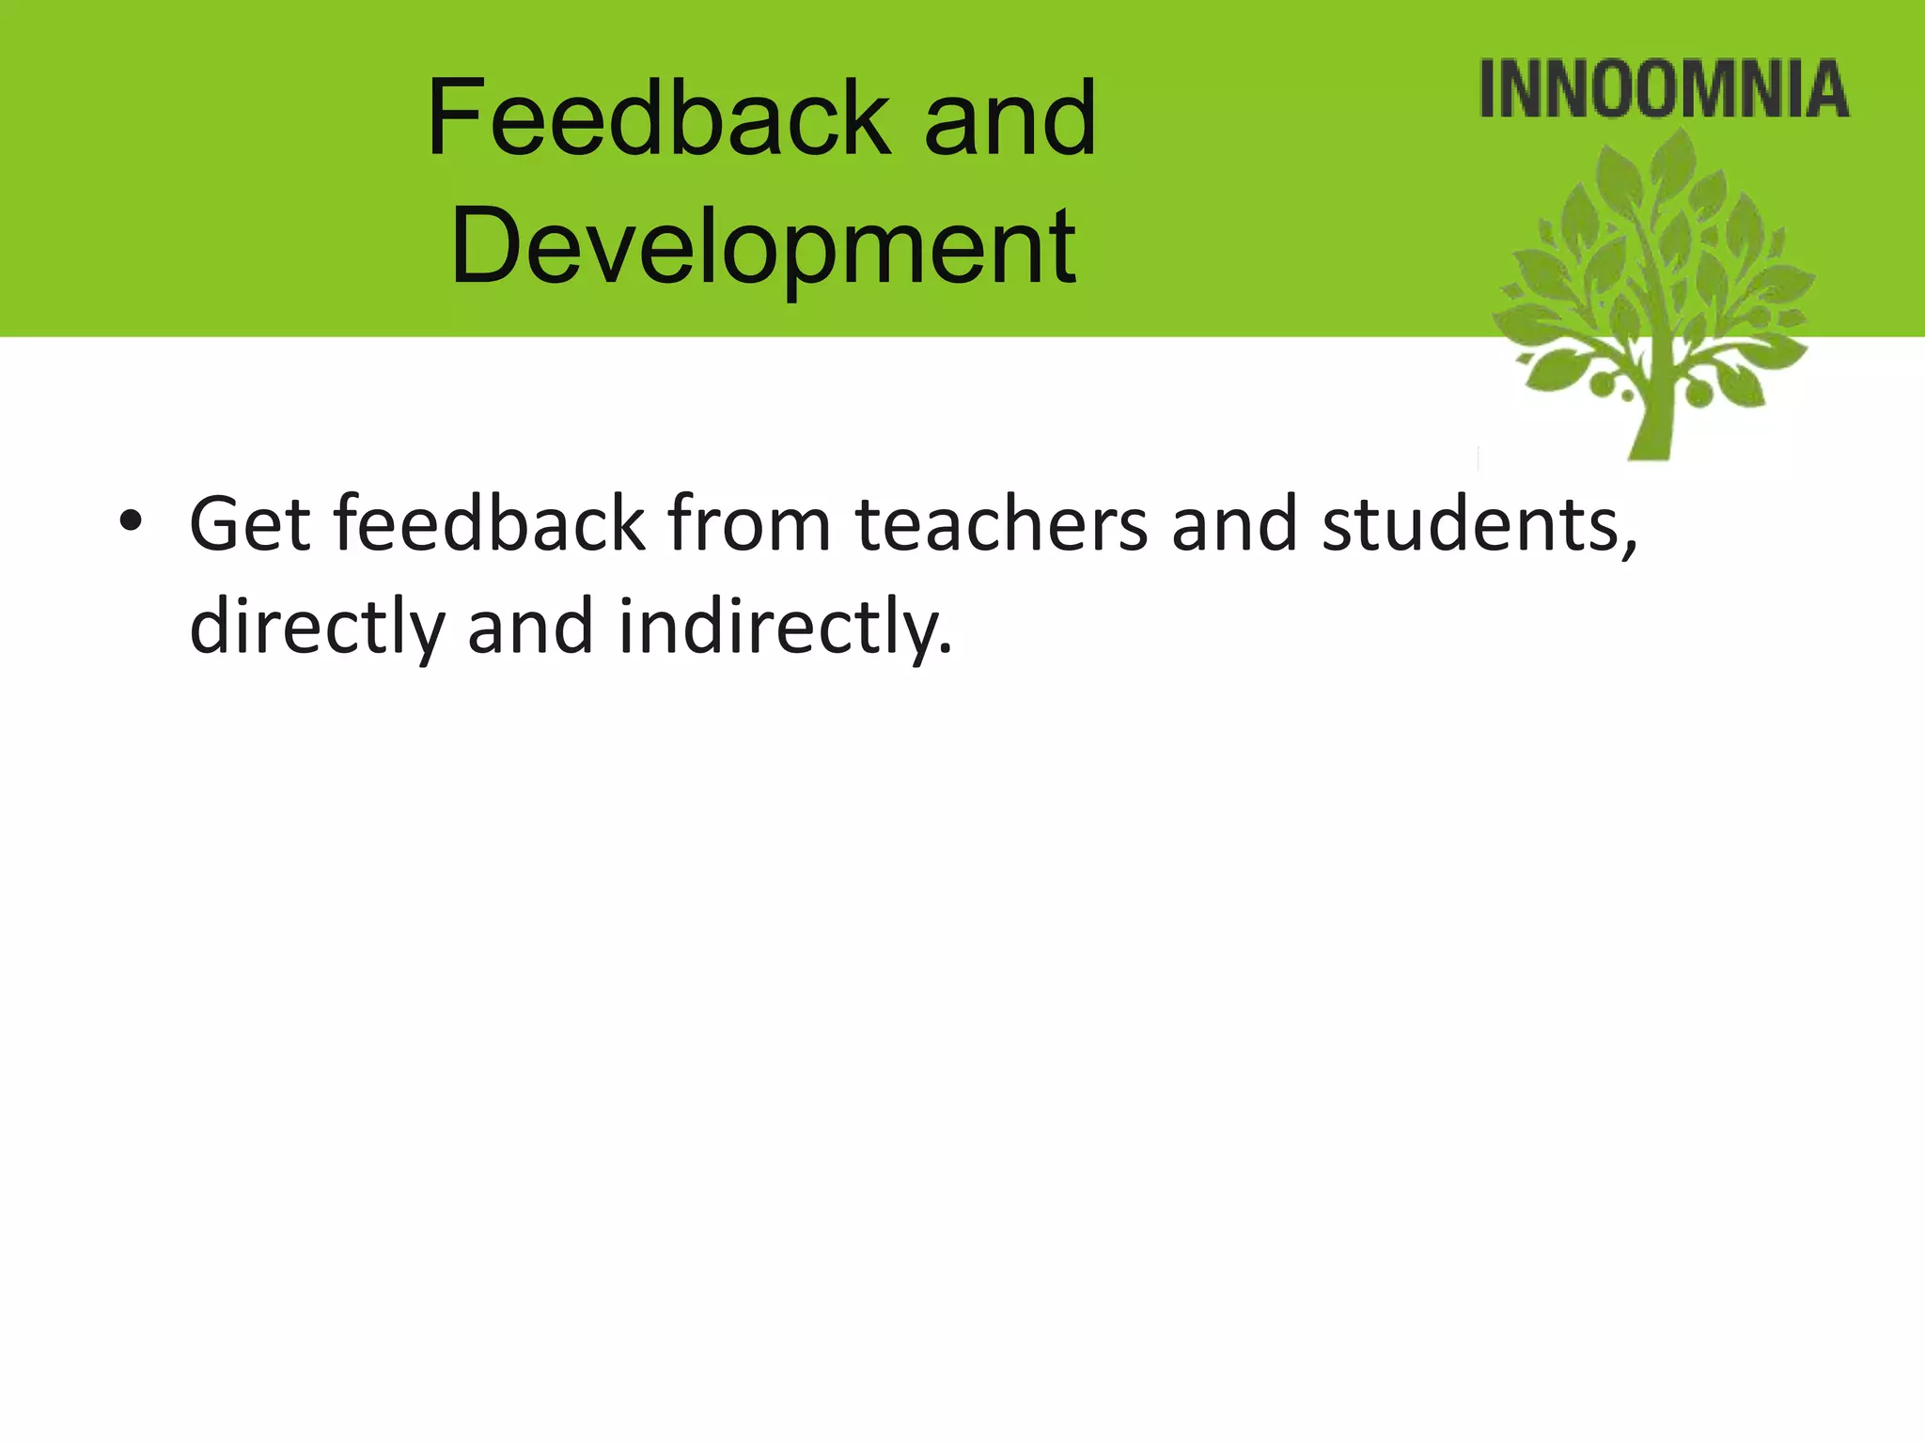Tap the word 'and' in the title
[x=1010, y=120]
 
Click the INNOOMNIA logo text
[x=1664, y=90]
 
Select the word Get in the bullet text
[x=250, y=523]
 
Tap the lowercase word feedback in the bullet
[x=489, y=523]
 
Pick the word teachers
[x=1002, y=523]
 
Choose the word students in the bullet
[x=1470, y=523]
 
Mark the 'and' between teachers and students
[x=1235, y=523]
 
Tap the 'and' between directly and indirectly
[x=531, y=627]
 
